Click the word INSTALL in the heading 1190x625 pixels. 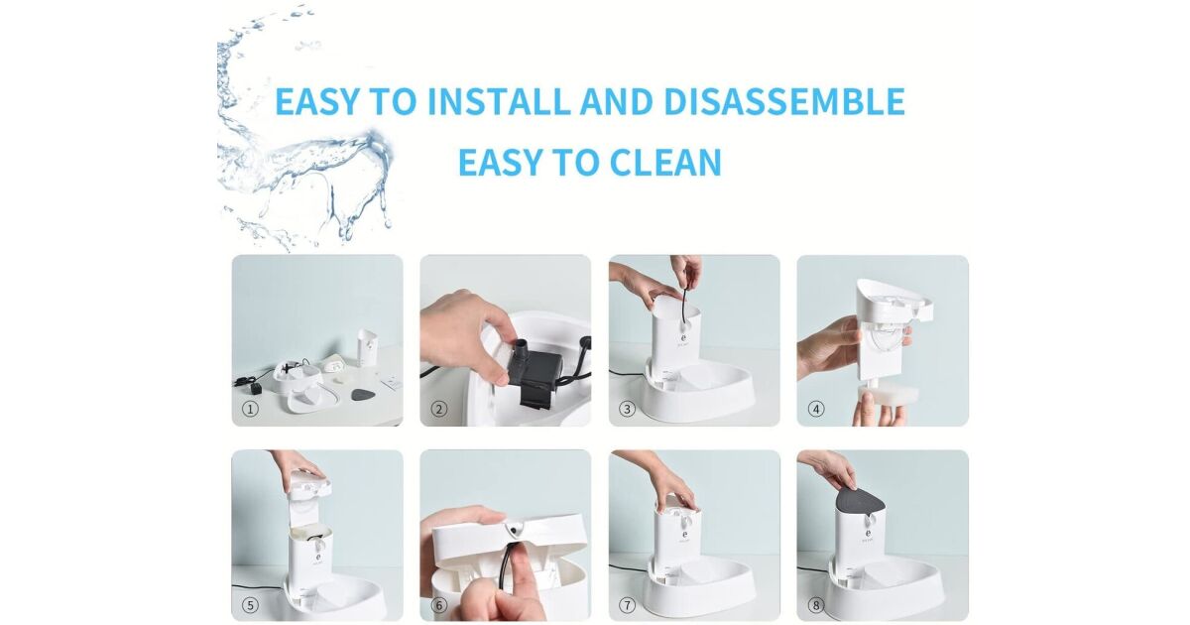(x=499, y=101)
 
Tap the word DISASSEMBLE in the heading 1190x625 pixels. (x=784, y=101)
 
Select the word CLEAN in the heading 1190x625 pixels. (x=665, y=162)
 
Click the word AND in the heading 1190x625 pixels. (x=617, y=101)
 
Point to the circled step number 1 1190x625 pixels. (x=250, y=409)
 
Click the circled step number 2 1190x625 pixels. (x=438, y=409)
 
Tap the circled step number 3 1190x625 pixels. (x=628, y=409)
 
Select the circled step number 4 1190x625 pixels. (x=816, y=409)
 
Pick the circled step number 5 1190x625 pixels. (x=250, y=605)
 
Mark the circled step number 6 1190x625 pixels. (x=438, y=605)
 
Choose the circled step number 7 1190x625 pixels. (x=628, y=605)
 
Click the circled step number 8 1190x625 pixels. (x=816, y=605)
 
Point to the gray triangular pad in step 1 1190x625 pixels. (x=363, y=395)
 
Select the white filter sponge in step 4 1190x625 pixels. (x=881, y=395)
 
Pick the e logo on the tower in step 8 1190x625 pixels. (x=868, y=534)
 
